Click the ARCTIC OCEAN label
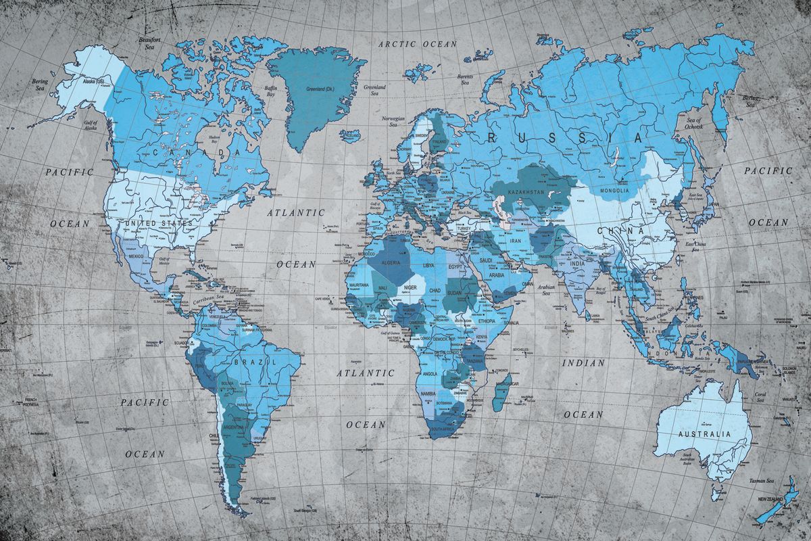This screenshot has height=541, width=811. pos(418,43)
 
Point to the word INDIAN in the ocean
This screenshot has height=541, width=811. pos(583,362)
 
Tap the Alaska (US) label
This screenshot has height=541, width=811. pos(93,82)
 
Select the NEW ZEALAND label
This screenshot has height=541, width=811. pos(772,498)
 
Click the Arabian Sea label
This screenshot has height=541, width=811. pos(546,289)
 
